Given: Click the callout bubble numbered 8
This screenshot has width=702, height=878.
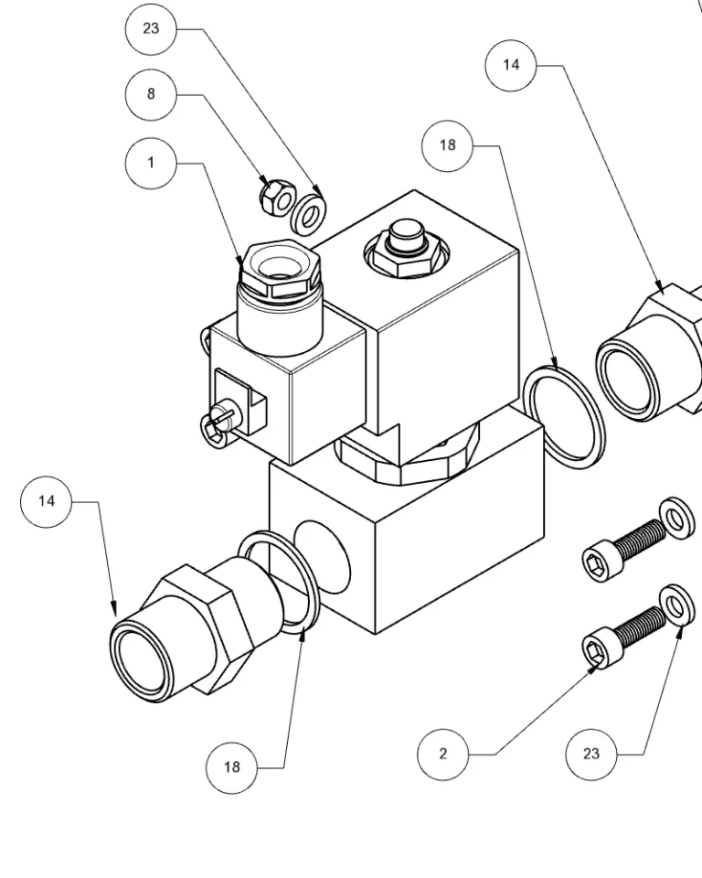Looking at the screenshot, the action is click(x=151, y=94).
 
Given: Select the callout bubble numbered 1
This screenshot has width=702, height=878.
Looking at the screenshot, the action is click(x=151, y=163).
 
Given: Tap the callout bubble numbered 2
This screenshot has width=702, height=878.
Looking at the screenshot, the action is click(x=442, y=755).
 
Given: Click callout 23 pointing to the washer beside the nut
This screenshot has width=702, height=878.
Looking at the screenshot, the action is click(x=151, y=28).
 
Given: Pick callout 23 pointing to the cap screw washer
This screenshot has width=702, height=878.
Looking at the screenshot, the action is click(x=591, y=755).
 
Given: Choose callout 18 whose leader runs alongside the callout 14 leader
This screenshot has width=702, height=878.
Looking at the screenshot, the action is click(x=447, y=145).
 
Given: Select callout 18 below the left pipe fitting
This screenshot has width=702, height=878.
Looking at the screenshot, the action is click(x=232, y=767).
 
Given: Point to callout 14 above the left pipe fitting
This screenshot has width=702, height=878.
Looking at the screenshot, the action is click(x=47, y=501).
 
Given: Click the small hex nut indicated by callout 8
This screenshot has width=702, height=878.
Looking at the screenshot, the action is click(x=277, y=198).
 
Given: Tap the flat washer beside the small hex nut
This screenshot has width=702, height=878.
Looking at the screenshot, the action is click(x=309, y=213).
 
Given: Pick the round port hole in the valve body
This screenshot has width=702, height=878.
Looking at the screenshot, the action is click(x=322, y=557).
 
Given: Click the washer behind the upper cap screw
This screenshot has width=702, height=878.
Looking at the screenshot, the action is click(x=676, y=518).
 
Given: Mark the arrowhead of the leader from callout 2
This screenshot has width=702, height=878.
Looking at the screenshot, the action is click(x=595, y=667).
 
